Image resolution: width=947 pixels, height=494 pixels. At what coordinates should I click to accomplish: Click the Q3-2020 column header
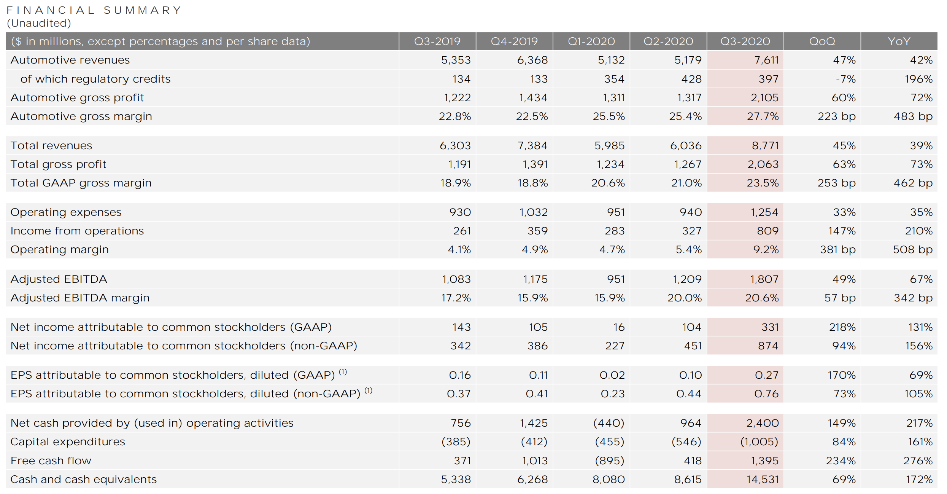[745, 41]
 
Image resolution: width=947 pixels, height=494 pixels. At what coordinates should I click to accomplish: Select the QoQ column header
[822, 41]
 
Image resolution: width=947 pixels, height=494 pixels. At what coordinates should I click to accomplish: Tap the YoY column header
[899, 41]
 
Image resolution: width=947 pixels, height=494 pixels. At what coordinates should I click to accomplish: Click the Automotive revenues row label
[70, 60]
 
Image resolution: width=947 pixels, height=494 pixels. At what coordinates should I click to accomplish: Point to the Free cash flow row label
[51, 461]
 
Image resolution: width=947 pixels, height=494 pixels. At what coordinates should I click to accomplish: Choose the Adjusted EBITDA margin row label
[80, 298]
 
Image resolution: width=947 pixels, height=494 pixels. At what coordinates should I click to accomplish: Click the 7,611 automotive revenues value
[764, 60]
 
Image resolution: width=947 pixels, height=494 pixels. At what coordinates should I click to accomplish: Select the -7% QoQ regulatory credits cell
[845, 79]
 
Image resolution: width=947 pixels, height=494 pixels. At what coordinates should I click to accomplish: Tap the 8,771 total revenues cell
[765, 145]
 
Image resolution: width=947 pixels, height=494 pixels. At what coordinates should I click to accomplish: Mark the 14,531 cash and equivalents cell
[762, 479]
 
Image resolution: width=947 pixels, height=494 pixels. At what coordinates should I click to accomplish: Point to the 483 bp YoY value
[913, 116]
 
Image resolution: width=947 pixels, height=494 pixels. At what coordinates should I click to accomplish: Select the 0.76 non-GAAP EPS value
[766, 394]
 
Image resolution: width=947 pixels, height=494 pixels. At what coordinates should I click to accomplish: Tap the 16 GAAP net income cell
[619, 327]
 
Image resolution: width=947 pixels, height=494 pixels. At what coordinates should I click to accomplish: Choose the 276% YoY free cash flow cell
[918, 461]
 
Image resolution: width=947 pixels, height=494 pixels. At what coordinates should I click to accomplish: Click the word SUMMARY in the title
[142, 10]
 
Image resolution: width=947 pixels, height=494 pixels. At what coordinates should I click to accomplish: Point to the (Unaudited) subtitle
[39, 23]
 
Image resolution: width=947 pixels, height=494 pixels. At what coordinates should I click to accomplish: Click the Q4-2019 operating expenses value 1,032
[533, 212]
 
